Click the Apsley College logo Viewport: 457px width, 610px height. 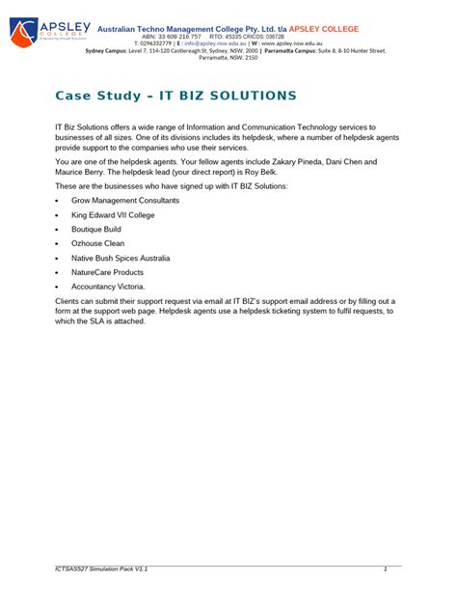coord(48,33)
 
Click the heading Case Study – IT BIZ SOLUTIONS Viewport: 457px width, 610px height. coord(175,96)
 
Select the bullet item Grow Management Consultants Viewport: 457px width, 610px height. coord(125,200)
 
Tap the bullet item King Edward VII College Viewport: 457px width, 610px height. coord(113,214)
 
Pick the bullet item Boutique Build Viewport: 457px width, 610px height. coord(96,230)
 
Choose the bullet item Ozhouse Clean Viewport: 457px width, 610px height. coord(97,244)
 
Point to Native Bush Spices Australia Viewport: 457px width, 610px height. coord(121,259)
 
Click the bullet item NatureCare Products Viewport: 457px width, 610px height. coord(107,273)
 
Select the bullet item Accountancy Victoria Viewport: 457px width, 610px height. coord(108,288)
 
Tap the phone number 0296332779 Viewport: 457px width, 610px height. coord(156,43)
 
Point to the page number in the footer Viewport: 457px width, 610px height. coord(385,569)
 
